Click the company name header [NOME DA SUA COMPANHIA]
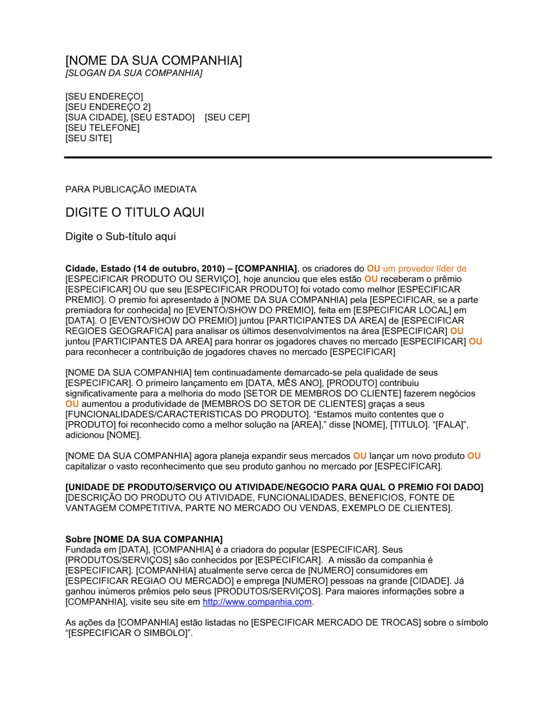point(153,61)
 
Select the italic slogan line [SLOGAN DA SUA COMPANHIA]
point(133,73)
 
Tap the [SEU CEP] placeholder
point(227,117)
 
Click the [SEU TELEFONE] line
point(102,128)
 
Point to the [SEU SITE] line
point(88,138)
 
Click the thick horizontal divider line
point(278,157)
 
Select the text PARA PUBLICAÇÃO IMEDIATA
point(131,190)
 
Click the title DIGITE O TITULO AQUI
point(135,212)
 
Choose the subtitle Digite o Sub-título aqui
point(121,236)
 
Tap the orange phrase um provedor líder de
point(424,269)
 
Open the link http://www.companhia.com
point(257,602)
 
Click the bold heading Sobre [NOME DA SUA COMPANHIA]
point(144,539)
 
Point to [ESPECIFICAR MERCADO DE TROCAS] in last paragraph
point(336,623)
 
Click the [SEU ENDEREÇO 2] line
point(108,107)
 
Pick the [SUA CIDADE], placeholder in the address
point(97,117)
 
